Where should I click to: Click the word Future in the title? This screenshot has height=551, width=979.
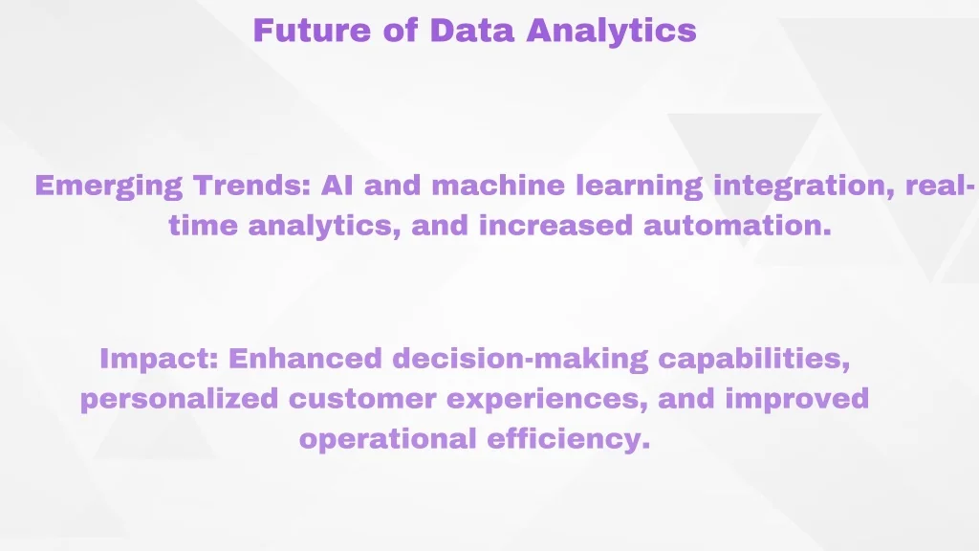[312, 30]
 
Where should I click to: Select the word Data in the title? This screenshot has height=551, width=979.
[471, 30]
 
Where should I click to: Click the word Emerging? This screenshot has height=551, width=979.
[109, 187]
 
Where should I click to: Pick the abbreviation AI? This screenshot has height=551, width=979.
[337, 186]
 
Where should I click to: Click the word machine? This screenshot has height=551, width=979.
[498, 186]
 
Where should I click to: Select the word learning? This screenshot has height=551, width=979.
[640, 187]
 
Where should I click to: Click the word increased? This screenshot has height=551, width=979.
[555, 225]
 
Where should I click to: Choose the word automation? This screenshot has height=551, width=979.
[737, 225]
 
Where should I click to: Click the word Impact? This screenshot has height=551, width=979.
[160, 360]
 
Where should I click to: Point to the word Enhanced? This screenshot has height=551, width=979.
[305, 359]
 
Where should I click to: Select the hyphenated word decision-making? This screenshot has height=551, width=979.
[520, 360]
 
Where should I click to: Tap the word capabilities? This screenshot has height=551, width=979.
[754, 360]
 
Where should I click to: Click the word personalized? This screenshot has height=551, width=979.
[179, 400]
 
